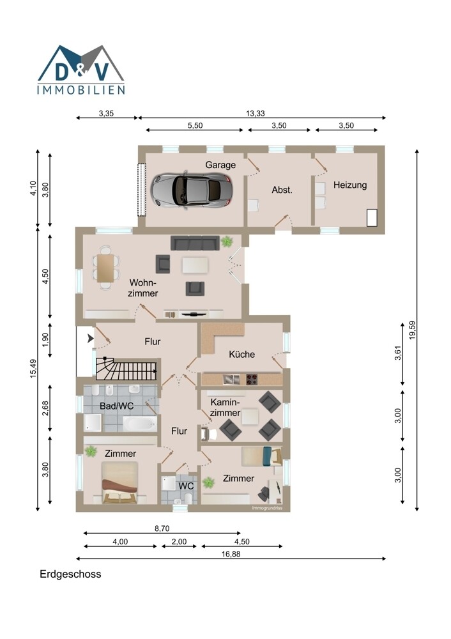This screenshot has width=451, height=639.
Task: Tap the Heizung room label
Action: click(x=350, y=185)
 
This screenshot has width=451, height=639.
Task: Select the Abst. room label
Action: click(x=282, y=190)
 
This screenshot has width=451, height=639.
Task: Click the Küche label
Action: click(x=241, y=354)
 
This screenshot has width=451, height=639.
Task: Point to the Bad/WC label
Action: click(x=116, y=406)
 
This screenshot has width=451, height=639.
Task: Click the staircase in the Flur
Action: click(x=126, y=369)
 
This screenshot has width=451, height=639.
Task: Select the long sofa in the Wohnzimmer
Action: click(x=194, y=243)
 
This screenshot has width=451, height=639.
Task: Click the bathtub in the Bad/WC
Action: click(x=140, y=424)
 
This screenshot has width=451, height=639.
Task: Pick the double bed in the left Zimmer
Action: click(x=120, y=483)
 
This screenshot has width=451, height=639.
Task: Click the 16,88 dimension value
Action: click(x=231, y=554)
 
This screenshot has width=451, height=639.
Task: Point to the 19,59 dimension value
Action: click(x=412, y=330)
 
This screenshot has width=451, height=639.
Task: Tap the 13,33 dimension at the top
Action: click(x=256, y=113)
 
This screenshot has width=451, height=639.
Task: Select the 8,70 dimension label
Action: click(x=162, y=528)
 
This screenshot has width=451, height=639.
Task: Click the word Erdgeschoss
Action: click(x=70, y=574)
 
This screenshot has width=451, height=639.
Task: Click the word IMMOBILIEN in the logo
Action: click(x=81, y=89)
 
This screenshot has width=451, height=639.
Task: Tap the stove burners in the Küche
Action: click(x=252, y=380)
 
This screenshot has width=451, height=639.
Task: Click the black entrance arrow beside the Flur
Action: click(x=91, y=338)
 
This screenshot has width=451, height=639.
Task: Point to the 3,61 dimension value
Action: click(x=398, y=353)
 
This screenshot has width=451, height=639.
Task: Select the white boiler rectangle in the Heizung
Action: click(x=372, y=218)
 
